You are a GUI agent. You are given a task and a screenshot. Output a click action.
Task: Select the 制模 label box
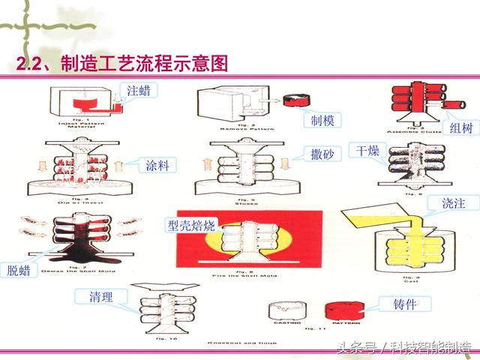tap(323, 120)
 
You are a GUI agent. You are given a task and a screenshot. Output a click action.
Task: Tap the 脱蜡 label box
tap(21, 270)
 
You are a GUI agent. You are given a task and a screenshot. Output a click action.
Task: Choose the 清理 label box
tap(96, 297)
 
